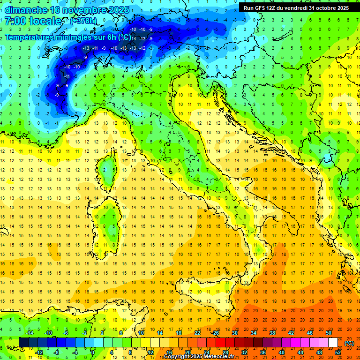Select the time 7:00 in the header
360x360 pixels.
(15, 22)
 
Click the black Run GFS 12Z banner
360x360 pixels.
(296, 7)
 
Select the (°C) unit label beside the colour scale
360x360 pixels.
(349, 343)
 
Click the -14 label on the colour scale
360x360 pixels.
(30, 333)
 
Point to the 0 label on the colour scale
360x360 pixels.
(92, 352)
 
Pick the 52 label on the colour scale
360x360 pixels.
(337, 352)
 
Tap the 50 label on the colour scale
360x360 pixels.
(329, 333)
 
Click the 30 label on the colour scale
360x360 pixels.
(235, 333)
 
